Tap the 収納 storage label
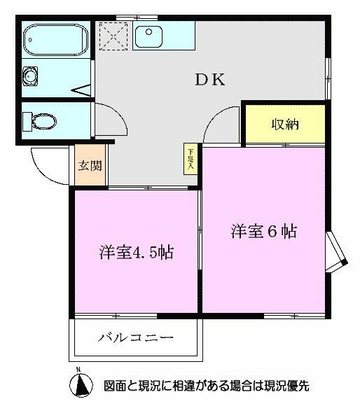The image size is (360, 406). pyautogui.click(x=285, y=125)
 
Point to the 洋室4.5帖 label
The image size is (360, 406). pyautogui.click(x=135, y=253)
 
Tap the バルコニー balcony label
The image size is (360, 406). pyautogui.click(x=135, y=338)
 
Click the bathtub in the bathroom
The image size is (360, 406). pyautogui.click(x=55, y=40)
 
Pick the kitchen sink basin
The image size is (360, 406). pyautogui.click(x=148, y=34)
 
